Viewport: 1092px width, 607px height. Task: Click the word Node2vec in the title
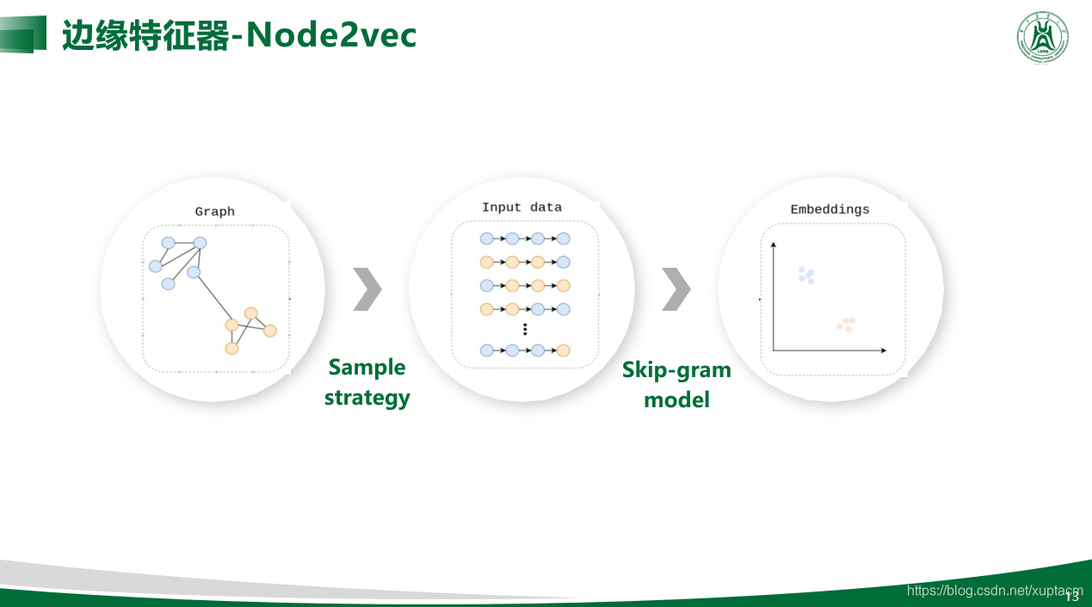tap(332, 35)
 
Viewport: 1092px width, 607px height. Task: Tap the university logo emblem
tap(1043, 37)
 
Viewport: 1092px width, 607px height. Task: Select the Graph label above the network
tap(214, 212)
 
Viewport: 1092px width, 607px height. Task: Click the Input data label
tap(521, 207)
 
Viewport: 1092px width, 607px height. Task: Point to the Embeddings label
tap(830, 210)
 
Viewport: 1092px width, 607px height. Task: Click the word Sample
tap(367, 368)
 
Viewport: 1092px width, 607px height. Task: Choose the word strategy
tap(367, 398)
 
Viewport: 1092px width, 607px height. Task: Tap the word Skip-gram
tap(676, 370)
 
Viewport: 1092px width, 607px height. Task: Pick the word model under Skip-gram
tap(676, 400)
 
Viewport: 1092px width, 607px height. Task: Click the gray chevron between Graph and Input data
tap(367, 288)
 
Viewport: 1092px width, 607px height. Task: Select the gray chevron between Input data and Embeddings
tap(676, 288)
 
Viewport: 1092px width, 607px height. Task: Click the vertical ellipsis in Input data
tap(525, 329)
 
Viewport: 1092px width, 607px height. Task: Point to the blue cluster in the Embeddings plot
tap(806, 276)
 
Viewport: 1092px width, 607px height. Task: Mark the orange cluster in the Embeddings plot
tap(846, 324)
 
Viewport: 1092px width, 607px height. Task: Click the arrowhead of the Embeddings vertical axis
tap(774, 245)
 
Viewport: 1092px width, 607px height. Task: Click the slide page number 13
tap(1072, 597)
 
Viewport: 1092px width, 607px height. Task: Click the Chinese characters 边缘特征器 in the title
tap(145, 35)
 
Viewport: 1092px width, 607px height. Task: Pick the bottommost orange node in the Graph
tap(231, 348)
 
